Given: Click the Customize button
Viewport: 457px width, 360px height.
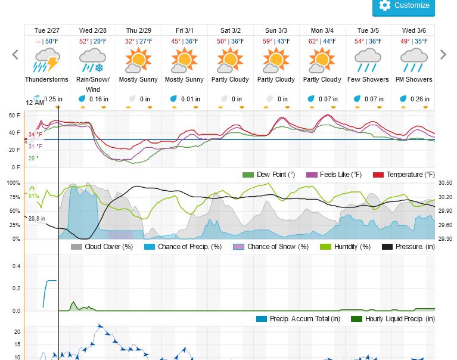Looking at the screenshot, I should pos(403,6).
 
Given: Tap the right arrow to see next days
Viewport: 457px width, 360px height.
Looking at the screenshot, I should pos(443,55).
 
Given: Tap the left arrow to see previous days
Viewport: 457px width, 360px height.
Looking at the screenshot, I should pos(15,55).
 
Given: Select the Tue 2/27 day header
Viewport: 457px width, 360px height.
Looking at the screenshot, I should pos(47,30).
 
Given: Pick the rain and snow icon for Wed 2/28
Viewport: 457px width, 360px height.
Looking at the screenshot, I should pos(92,61).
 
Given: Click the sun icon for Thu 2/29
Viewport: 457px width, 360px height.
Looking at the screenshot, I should pos(138,61).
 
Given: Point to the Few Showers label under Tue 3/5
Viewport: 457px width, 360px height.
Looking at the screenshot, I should pos(368,80).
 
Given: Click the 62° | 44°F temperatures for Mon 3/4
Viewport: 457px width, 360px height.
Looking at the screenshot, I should pos(322,41).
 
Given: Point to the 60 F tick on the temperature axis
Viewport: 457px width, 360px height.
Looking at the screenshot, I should pos(14,116).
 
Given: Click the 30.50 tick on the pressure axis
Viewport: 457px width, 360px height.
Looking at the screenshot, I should pos(444,183).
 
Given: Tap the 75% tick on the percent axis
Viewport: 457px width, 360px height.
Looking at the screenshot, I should pos(13,197).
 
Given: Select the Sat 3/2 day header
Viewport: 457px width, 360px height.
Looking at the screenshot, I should pos(231,30).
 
